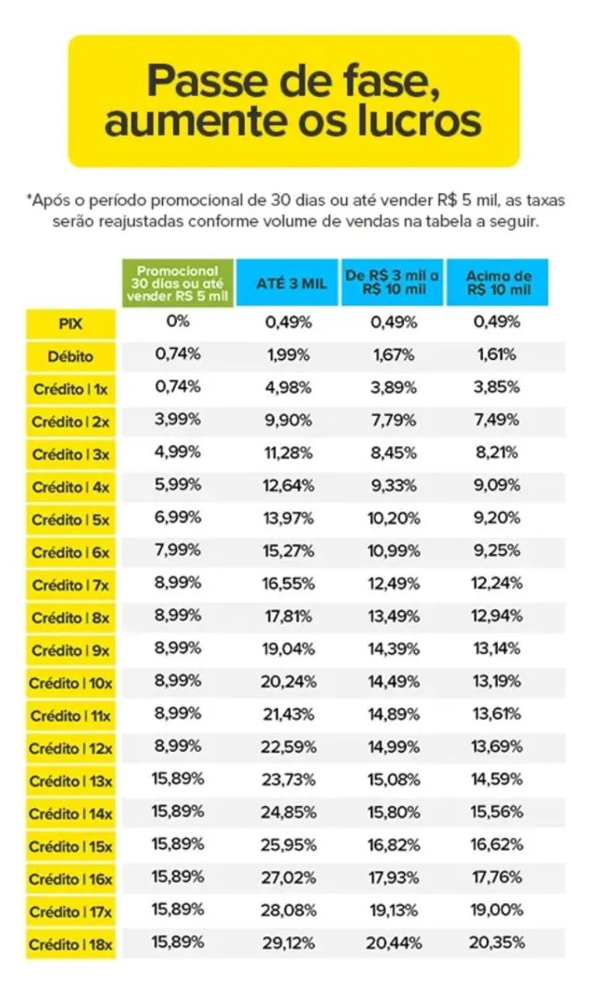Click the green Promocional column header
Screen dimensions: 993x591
[178, 282]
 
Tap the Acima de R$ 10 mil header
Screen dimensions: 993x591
[498, 282]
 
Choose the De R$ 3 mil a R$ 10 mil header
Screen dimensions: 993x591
[392, 282]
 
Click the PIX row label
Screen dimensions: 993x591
[71, 324]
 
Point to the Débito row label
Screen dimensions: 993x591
[71, 357]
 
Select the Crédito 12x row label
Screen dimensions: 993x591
[71, 749]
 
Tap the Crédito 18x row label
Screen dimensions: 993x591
[71, 946]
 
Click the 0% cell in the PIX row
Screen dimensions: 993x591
[178, 321]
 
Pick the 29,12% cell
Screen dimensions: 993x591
[289, 943]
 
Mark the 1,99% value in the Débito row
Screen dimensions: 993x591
[289, 355]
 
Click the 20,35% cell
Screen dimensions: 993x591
[496, 943]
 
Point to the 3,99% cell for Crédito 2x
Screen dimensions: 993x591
[178, 420]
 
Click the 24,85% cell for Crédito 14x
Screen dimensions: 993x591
[289, 812]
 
